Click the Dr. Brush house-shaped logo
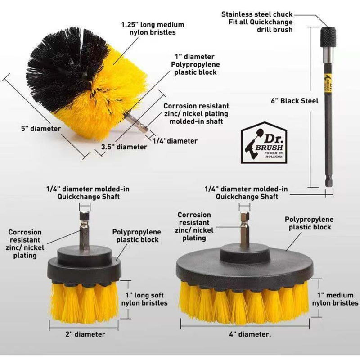click(264, 143)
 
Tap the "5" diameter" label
click(41, 129)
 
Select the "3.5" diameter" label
click(124, 147)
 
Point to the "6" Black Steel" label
click(295, 101)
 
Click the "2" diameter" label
click(85, 334)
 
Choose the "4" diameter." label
click(250, 334)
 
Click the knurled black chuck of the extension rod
click(328, 37)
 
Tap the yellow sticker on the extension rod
click(328, 83)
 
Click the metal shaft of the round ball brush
click(136, 123)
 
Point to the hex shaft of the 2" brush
click(84, 230)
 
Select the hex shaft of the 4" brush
click(244, 230)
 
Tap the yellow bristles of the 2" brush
click(84, 302)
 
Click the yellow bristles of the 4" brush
click(244, 303)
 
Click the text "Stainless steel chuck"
click(257, 14)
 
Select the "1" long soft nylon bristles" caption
click(144, 299)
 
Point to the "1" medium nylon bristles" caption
click(335, 299)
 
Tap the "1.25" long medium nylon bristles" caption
click(153, 28)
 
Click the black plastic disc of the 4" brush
click(245, 266)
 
